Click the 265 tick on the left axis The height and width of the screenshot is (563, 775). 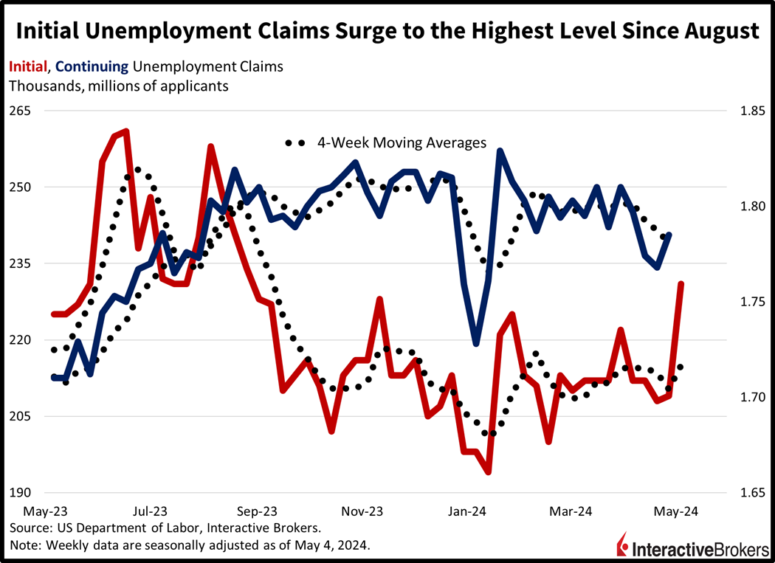coord(21,111)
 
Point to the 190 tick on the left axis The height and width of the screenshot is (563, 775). coord(21,492)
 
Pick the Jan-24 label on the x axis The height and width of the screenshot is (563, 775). coord(468,511)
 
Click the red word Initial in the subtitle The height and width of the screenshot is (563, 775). coord(27,66)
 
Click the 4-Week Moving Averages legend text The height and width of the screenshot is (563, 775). coord(402,142)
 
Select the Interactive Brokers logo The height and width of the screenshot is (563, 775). coord(690,547)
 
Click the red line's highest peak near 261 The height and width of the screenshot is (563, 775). coord(126,131)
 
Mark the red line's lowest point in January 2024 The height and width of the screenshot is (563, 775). coord(488,472)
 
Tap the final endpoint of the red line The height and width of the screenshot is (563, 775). coord(681,283)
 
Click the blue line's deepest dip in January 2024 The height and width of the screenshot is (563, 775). coord(476,344)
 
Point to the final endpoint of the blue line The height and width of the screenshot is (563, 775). coord(669,235)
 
